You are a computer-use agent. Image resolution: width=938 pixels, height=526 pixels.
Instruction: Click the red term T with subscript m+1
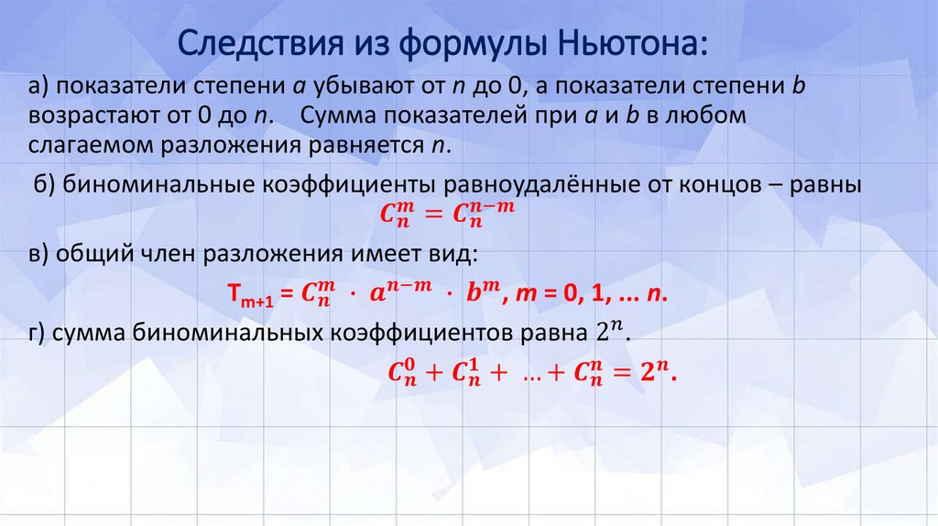click(246, 297)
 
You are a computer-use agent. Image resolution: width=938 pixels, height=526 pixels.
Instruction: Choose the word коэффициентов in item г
click(435, 334)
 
